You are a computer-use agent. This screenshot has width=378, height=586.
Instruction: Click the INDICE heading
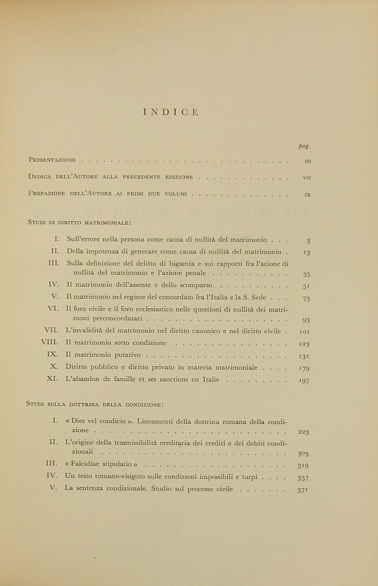171,113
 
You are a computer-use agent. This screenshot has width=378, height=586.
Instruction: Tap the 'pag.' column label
304,146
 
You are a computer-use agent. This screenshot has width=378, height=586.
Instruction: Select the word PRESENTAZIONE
52,160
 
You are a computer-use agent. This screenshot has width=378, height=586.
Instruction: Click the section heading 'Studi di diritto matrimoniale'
80,223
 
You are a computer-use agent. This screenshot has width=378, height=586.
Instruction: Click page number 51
306,286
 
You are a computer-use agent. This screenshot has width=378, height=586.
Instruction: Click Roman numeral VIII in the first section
50,342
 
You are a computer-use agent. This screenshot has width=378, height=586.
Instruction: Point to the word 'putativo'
127,355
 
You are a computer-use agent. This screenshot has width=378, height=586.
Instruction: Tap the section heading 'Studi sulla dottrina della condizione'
95,404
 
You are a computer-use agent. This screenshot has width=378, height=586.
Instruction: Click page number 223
303,432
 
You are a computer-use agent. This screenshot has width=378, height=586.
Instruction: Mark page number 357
303,478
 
